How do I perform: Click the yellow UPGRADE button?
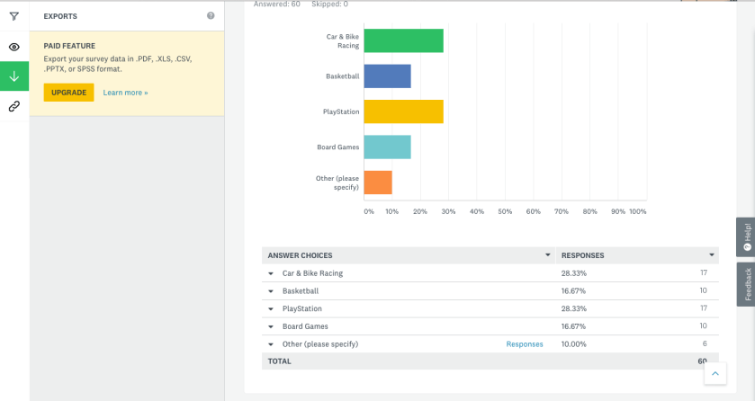click(x=68, y=93)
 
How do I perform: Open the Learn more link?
click(x=125, y=93)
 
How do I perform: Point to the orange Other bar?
click(x=378, y=182)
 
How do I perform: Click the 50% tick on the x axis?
click(x=505, y=212)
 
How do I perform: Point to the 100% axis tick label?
click(x=637, y=212)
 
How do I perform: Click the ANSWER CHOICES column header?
click(x=300, y=255)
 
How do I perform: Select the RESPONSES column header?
click(x=582, y=255)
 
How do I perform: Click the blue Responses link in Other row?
click(x=525, y=344)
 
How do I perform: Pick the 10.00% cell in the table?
click(x=574, y=344)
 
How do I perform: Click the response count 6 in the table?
click(x=705, y=344)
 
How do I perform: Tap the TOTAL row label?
click(x=280, y=361)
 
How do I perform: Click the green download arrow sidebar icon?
click(x=14, y=76)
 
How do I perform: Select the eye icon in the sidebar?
click(x=14, y=47)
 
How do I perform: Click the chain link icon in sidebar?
click(x=14, y=106)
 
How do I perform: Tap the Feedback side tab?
click(x=746, y=284)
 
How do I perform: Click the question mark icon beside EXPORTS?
click(x=211, y=16)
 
